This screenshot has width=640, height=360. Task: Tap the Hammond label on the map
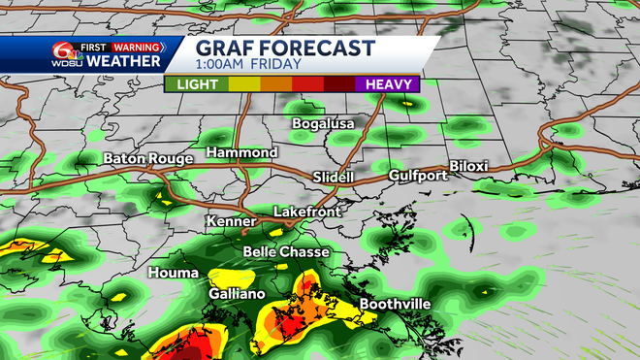coord(242,152)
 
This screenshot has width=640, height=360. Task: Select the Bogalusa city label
coord(324,123)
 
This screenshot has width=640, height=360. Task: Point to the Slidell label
coord(334,177)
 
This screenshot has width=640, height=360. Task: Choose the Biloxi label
coord(468,166)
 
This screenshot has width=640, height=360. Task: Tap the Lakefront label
coord(306,211)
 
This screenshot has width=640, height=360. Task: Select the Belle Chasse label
coord(286,251)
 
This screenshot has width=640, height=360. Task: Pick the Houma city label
coord(169,274)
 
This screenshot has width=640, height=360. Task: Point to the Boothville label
coord(395,304)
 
